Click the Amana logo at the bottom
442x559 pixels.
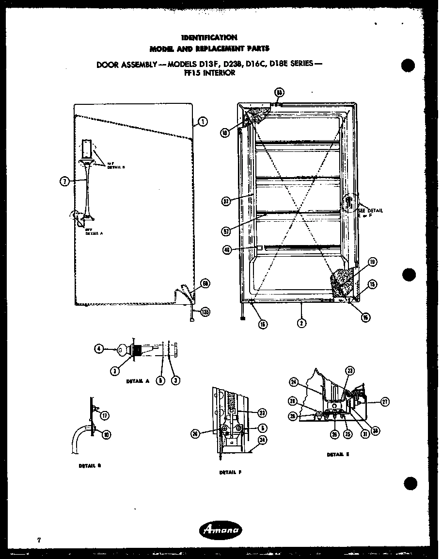pos(221,530)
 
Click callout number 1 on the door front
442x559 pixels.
pos(203,122)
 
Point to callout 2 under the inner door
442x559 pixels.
pos(301,323)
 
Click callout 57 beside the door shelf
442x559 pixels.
pos(226,231)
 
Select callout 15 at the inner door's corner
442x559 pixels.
pos(372,284)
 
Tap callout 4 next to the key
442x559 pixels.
pos(99,348)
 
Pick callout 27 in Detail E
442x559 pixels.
pos(385,402)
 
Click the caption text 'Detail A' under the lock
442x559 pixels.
pos(137,381)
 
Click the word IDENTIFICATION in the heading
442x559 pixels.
pos(209,37)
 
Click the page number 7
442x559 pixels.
pos(37,540)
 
